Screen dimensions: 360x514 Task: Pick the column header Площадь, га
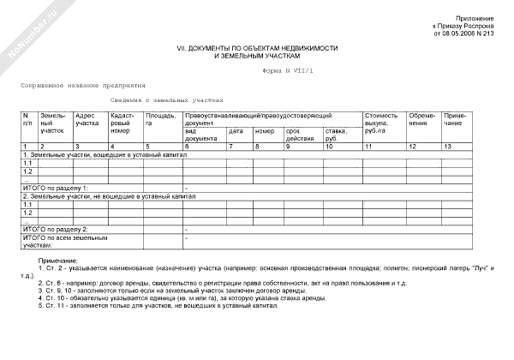pos(160,119)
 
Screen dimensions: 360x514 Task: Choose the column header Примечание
pos(456,119)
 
